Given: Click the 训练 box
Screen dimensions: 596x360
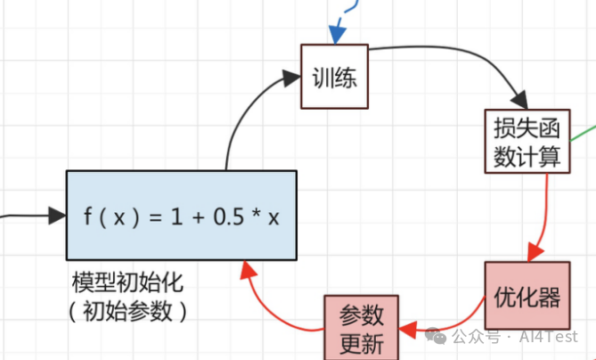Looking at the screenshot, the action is click(x=335, y=78).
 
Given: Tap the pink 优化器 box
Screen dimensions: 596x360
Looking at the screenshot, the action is click(x=527, y=297).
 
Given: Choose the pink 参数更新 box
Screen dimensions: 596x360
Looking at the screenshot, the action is click(x=362, y=328).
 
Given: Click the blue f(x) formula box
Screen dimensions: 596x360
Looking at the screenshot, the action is click(x=181, y=215).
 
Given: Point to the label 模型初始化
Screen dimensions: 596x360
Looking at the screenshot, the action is click(x=127, y=284).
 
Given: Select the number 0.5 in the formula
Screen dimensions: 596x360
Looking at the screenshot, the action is click(x=230, y=216).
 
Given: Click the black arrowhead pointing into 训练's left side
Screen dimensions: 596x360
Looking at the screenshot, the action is click(x=292, y=78).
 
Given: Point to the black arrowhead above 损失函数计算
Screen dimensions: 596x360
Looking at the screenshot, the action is click(x=518, y=100).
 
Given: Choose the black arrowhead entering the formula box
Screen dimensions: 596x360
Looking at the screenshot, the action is click(x=57, y=215).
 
